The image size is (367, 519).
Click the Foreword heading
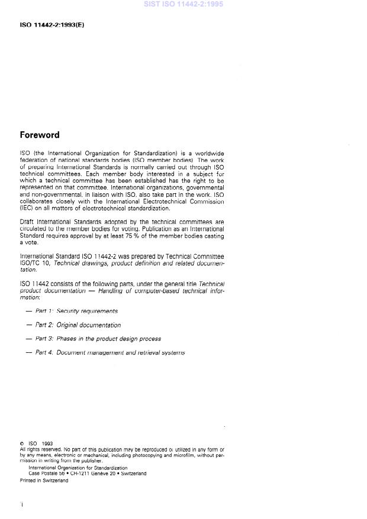click(40, 135)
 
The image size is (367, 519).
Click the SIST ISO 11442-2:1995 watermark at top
click(183, 5)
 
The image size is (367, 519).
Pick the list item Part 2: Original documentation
click(78, 325)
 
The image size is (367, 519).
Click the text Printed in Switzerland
click(44, 480)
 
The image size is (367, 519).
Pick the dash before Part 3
click(29, 339)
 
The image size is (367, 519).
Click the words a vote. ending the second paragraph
click(29, 242)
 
